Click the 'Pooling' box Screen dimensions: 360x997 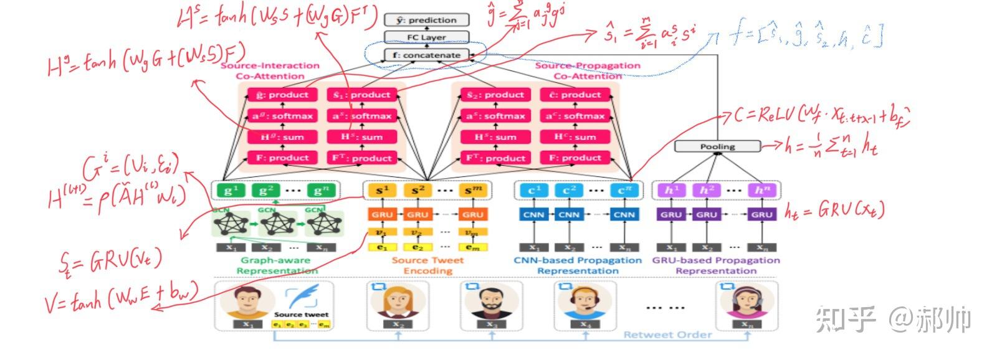717,146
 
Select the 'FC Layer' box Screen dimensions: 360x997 426,37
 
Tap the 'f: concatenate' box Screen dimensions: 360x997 426,55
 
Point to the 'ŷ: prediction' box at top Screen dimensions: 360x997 426,20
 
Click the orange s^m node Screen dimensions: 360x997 472,191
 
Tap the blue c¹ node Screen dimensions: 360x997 534,191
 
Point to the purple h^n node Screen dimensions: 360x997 761,191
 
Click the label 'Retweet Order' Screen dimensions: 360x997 667,335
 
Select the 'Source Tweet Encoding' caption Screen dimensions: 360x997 427,265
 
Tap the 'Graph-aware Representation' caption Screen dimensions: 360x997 275,265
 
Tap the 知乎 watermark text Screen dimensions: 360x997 846,319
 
